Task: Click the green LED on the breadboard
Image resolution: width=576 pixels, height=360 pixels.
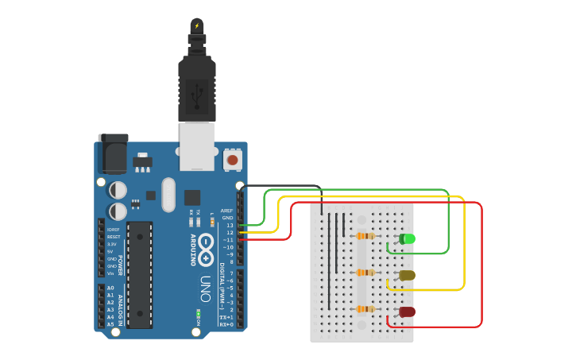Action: pos(408,238)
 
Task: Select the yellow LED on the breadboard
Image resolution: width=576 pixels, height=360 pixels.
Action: pos(407,275)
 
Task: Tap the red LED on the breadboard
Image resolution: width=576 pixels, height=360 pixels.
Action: pos(407,312)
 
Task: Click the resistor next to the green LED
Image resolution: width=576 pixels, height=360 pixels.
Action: pos(365,236)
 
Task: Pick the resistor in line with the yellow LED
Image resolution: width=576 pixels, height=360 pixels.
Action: pos(365,273)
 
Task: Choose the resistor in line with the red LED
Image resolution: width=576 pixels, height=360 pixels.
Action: pos(365,309)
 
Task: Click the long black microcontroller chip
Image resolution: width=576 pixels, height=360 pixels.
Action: pos(139,275)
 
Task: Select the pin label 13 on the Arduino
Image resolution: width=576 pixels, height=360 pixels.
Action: pos(230,226)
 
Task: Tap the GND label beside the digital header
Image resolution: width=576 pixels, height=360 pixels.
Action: pos(228,218)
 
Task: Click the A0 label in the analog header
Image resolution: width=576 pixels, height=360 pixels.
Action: pos(110,288)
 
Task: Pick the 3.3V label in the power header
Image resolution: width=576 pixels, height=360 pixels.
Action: pos(111,244)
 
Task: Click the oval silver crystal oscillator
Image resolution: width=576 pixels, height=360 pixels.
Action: pos(168,195)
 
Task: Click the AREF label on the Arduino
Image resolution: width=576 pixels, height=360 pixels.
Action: pos(227,211)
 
